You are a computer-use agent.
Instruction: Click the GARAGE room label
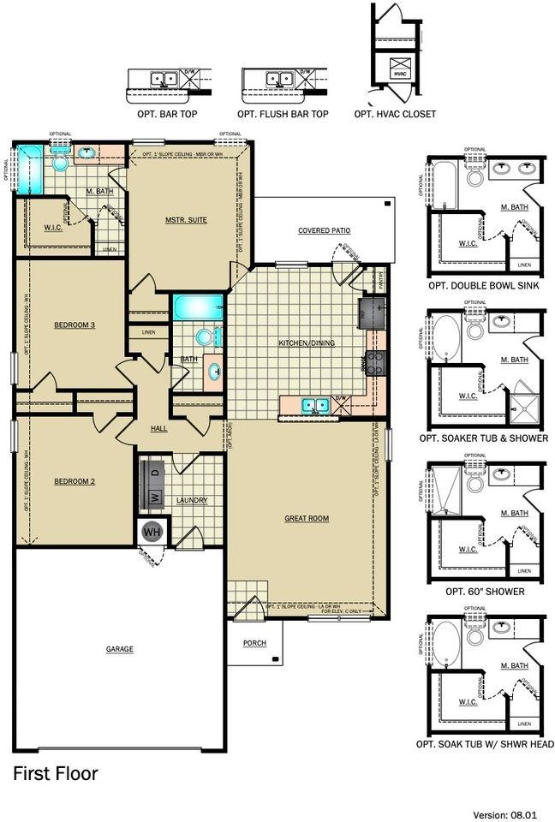point(119,649)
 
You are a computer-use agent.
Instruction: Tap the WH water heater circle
point(152,532)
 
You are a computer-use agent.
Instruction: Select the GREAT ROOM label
point(307,518)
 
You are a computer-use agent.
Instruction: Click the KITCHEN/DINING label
point(307,343)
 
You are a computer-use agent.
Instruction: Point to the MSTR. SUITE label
point(186,220)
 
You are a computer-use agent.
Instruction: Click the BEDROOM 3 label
point(75,325)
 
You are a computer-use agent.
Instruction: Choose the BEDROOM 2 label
point(75,480)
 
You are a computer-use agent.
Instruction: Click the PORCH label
point(254,643)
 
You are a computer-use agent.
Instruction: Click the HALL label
point(159,427)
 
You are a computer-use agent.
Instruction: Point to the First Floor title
point(55,774)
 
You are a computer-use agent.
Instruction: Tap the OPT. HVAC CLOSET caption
point(395,114)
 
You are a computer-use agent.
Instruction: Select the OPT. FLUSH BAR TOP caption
point(283,114)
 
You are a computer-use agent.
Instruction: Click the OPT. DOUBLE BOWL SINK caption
point(485,286)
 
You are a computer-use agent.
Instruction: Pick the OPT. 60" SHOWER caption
point(485,591)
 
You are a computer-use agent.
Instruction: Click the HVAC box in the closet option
point(400,69)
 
